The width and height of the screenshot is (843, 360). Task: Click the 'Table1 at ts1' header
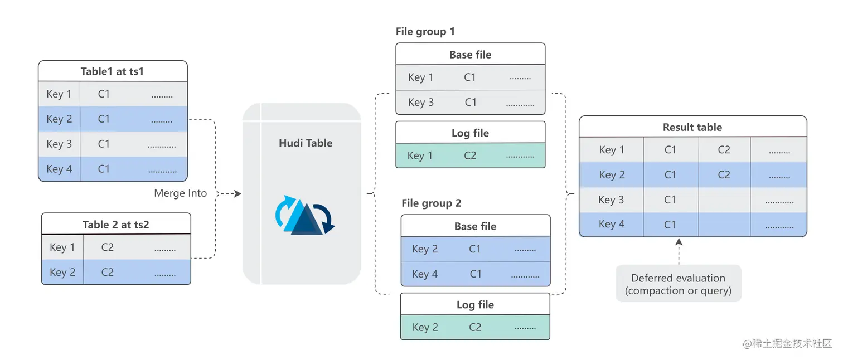click(112, 71)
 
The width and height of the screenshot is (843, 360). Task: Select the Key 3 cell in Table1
click(59, 144)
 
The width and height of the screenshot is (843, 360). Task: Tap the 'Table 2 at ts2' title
click(116, 225)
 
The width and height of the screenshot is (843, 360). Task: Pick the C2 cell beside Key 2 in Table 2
click(107, 272)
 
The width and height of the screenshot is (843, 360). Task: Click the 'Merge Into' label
click(180, 193)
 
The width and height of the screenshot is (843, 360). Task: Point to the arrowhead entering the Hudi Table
click(238, 194)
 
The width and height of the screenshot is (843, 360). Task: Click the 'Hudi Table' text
click(306, 143)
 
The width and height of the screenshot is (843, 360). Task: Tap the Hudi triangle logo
click(305, 215)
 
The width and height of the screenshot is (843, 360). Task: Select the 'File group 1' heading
click(425, 32)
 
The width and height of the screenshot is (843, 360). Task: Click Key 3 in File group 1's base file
click(421, 103)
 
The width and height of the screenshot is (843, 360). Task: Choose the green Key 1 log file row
click(471, 155)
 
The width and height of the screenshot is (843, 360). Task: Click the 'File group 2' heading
click(432, 203)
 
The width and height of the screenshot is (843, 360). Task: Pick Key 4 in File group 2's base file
click(425, 274)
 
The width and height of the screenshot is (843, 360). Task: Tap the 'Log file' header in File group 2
click(476, 305)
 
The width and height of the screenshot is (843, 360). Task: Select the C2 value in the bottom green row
click(475, 327)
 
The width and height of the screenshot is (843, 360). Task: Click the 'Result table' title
click(692, 127)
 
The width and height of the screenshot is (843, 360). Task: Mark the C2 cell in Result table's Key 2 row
click(724, 174)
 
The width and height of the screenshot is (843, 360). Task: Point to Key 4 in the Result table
click(612, 224)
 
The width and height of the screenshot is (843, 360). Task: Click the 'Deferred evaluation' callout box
click(679, 284)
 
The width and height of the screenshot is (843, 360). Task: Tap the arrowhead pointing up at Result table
click(679, 241)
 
